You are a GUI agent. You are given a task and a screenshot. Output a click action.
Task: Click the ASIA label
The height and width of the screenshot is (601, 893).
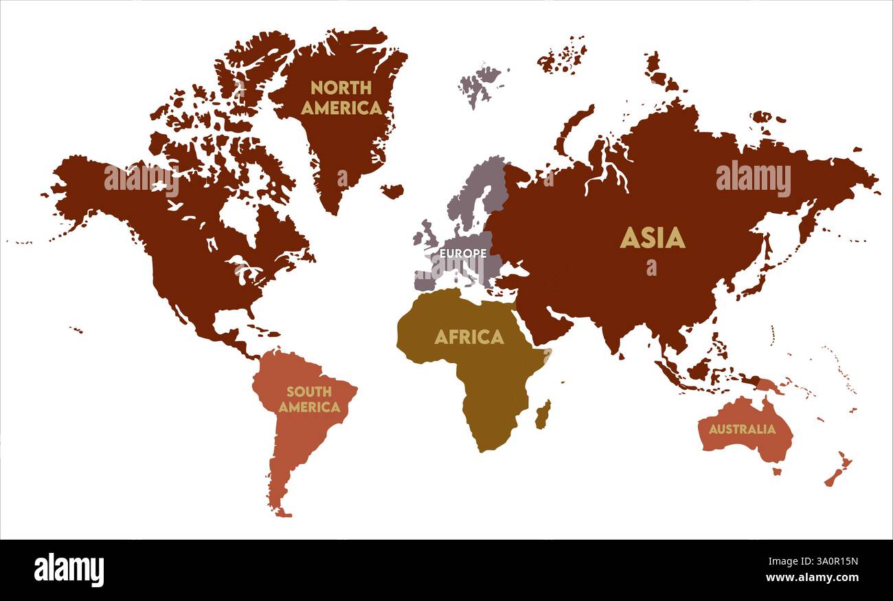click(x=652, y=238)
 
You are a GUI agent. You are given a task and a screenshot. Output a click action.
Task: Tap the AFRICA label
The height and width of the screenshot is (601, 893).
click(x=469, y=337)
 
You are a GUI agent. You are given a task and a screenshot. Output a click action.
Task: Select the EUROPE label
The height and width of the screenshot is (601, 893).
click(x=463, y=253)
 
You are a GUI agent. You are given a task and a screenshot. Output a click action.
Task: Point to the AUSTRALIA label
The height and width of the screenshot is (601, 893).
click(x=742, y=429)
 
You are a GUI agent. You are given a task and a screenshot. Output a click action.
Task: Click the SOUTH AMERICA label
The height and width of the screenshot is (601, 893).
click(x=309, y=399)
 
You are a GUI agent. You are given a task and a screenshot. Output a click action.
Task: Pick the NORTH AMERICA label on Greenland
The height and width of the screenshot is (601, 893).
click(x=341, y=98)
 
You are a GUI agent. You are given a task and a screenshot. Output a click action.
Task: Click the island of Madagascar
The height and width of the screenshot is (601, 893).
click(x=543, y=415)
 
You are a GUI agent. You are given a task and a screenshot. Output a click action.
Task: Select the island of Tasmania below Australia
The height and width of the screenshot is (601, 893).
click(x=777, y=472)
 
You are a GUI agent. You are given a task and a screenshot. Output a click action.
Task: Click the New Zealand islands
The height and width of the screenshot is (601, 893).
click(x=839, y=470)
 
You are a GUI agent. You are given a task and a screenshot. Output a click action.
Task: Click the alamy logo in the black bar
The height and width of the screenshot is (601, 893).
click(x=69, y=570)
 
